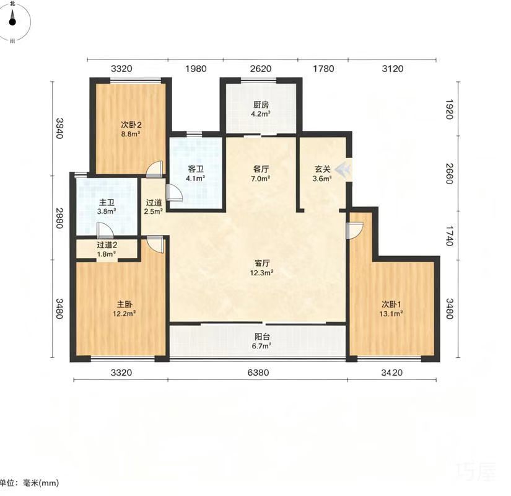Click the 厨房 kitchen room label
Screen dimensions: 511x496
(x=261, y=105)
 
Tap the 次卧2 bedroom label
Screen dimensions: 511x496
(x=131, y=125)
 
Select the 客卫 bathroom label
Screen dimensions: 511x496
(x=196, y=169)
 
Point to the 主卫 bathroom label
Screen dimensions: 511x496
(x=107, y=202)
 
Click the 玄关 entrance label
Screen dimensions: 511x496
(x=322, y=169)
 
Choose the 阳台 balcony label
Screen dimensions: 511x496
(x=261, y=337)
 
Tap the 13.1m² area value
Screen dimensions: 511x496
(x=391, y=314)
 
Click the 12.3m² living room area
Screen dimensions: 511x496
(x=261, y=272)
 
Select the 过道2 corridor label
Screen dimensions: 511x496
(x=107, y=245)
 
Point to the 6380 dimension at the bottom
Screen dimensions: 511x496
(x=258, y=373)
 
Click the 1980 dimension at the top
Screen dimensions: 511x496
(x=196, y=69)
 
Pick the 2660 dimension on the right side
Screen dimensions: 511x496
(x=449, y=174)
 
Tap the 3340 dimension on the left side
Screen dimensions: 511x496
(x=59, y=128)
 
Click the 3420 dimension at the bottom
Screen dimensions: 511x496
(x=391, y=373)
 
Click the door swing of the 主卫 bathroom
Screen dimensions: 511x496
(x=105, y=230)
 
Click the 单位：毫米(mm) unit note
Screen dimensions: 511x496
(x=28, y=482)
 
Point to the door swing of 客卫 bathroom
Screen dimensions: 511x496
(x=174, y=192)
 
